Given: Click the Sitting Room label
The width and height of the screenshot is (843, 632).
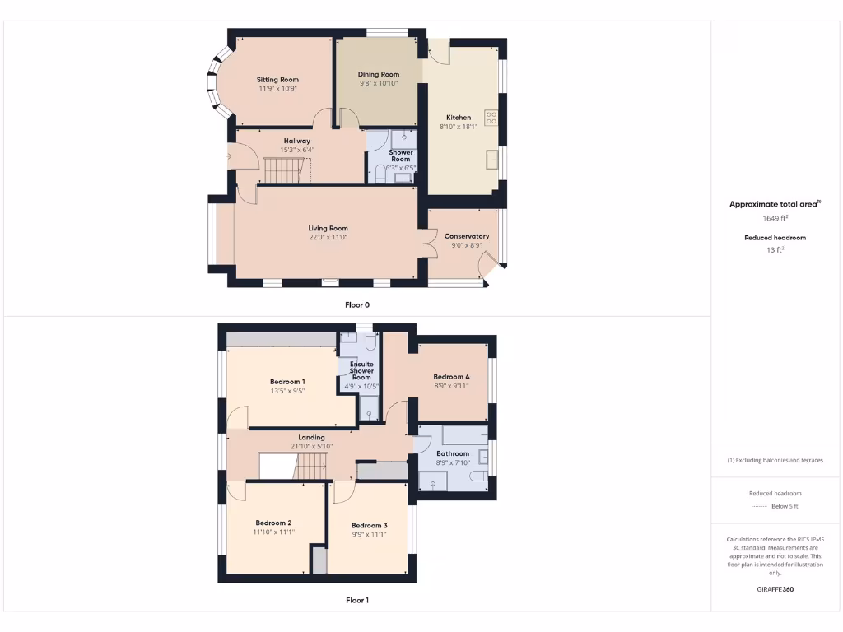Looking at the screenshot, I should click(x=277, y=80).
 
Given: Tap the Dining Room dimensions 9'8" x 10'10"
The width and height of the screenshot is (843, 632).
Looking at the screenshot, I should click(x=379, y=83).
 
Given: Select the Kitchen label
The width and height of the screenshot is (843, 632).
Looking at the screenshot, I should click(x=459, y=118).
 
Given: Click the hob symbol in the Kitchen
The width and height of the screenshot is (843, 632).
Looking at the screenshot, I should click(x=491, y=118).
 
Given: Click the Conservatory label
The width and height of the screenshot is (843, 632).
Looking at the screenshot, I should click(x=467, y=236).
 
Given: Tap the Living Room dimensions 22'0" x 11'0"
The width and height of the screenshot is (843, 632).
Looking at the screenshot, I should click(x=328, y=237).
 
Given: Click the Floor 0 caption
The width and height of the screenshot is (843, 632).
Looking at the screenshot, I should click(x=357, y=304).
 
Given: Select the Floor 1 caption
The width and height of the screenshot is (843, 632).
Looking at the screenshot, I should click(x=357, y=600).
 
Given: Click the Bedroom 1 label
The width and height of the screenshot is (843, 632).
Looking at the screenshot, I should click(x=287, y=382).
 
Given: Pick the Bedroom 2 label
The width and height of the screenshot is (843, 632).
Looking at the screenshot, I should click(x=273, y=523).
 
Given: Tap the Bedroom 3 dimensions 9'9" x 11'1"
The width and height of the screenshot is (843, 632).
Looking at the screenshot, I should click(x=369, y=534).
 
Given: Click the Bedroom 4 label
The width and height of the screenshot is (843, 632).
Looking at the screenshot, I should click(x=451, y=377).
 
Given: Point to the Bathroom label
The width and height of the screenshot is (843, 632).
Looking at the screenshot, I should click(x=453, y=453).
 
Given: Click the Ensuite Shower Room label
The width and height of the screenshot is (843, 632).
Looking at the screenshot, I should click(x=361, y=371).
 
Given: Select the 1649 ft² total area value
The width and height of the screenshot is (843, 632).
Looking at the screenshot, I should click(x=775, y=219).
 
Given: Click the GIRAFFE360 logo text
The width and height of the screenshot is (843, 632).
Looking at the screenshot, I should click(x=775, y=589).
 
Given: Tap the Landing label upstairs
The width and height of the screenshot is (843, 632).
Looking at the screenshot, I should click(x=311, y=438).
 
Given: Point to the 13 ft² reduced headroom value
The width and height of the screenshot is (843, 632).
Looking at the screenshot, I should click(x=775, y=249).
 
